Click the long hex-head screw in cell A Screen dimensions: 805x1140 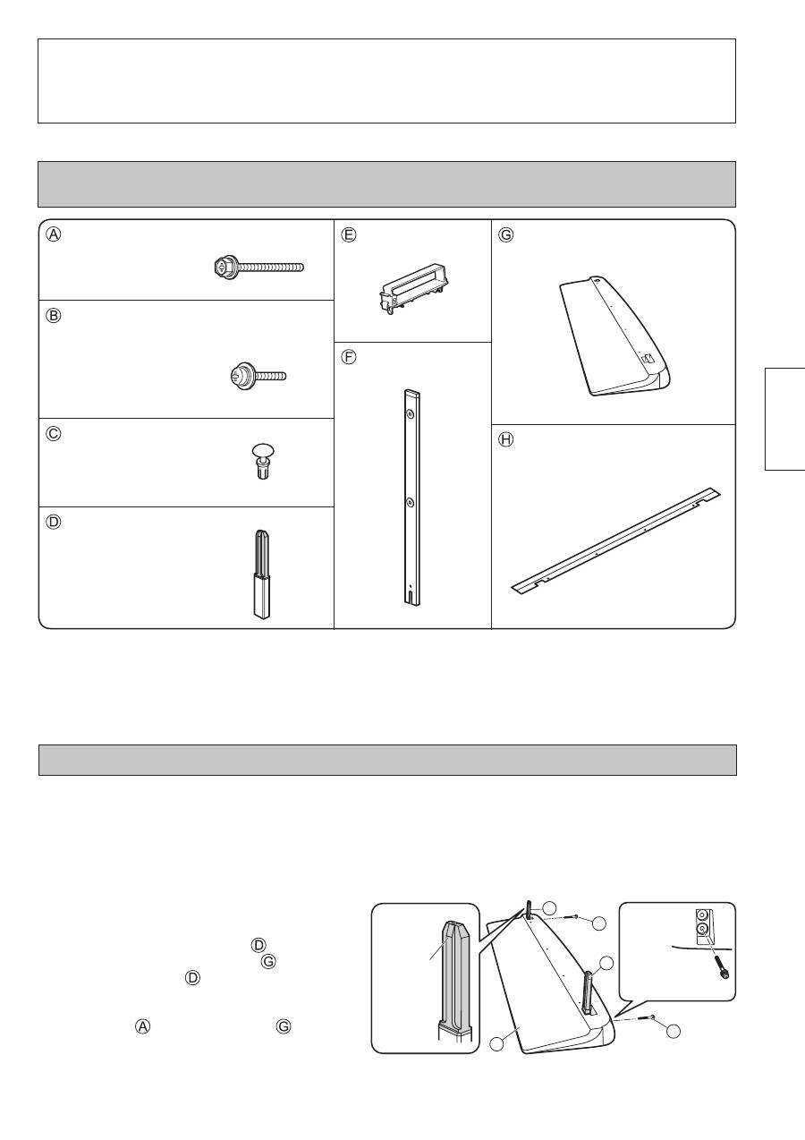[x=258, y=268]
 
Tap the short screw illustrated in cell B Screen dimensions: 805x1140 [x=258, y=376]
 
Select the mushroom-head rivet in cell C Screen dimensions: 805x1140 [x=263, y=462]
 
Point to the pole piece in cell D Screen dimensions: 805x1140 [x=261, y=575]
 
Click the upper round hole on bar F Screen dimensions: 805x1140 [x=411, y=416]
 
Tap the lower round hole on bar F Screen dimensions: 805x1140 [x=411, y=503]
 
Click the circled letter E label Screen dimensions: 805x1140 [x=349, y=234]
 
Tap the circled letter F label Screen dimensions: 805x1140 [x=349, y=357]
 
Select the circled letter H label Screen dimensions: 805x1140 [x=505, y=439]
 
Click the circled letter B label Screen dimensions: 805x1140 [x=54, y=316]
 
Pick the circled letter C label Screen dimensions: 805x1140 [x=54, y=434]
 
